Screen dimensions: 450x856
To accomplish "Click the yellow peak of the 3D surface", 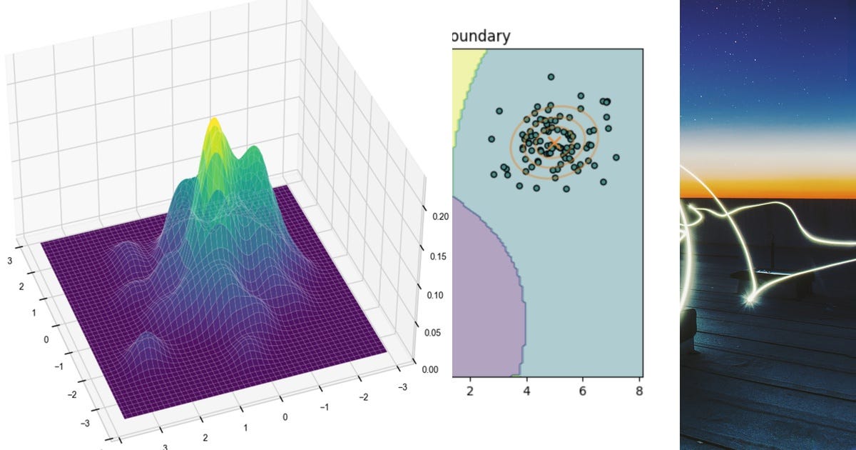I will pos(213,127).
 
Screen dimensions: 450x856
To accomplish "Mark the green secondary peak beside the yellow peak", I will pos(250,154).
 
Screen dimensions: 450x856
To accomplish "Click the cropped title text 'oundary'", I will pos(481,36).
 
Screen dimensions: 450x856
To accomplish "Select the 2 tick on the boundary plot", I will pos(469,391).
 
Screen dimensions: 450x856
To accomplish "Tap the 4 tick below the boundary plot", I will pos(526,391).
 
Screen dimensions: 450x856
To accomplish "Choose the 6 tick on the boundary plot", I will pos(583,391).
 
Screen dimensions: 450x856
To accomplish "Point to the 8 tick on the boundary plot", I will pos(639,391).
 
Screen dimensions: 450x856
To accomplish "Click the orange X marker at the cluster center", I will pos(554,143).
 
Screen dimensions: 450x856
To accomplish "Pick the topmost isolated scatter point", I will pos(551,76).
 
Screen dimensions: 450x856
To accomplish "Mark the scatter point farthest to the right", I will pos(616,157).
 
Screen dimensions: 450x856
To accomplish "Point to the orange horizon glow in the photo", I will pos(767,187).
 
